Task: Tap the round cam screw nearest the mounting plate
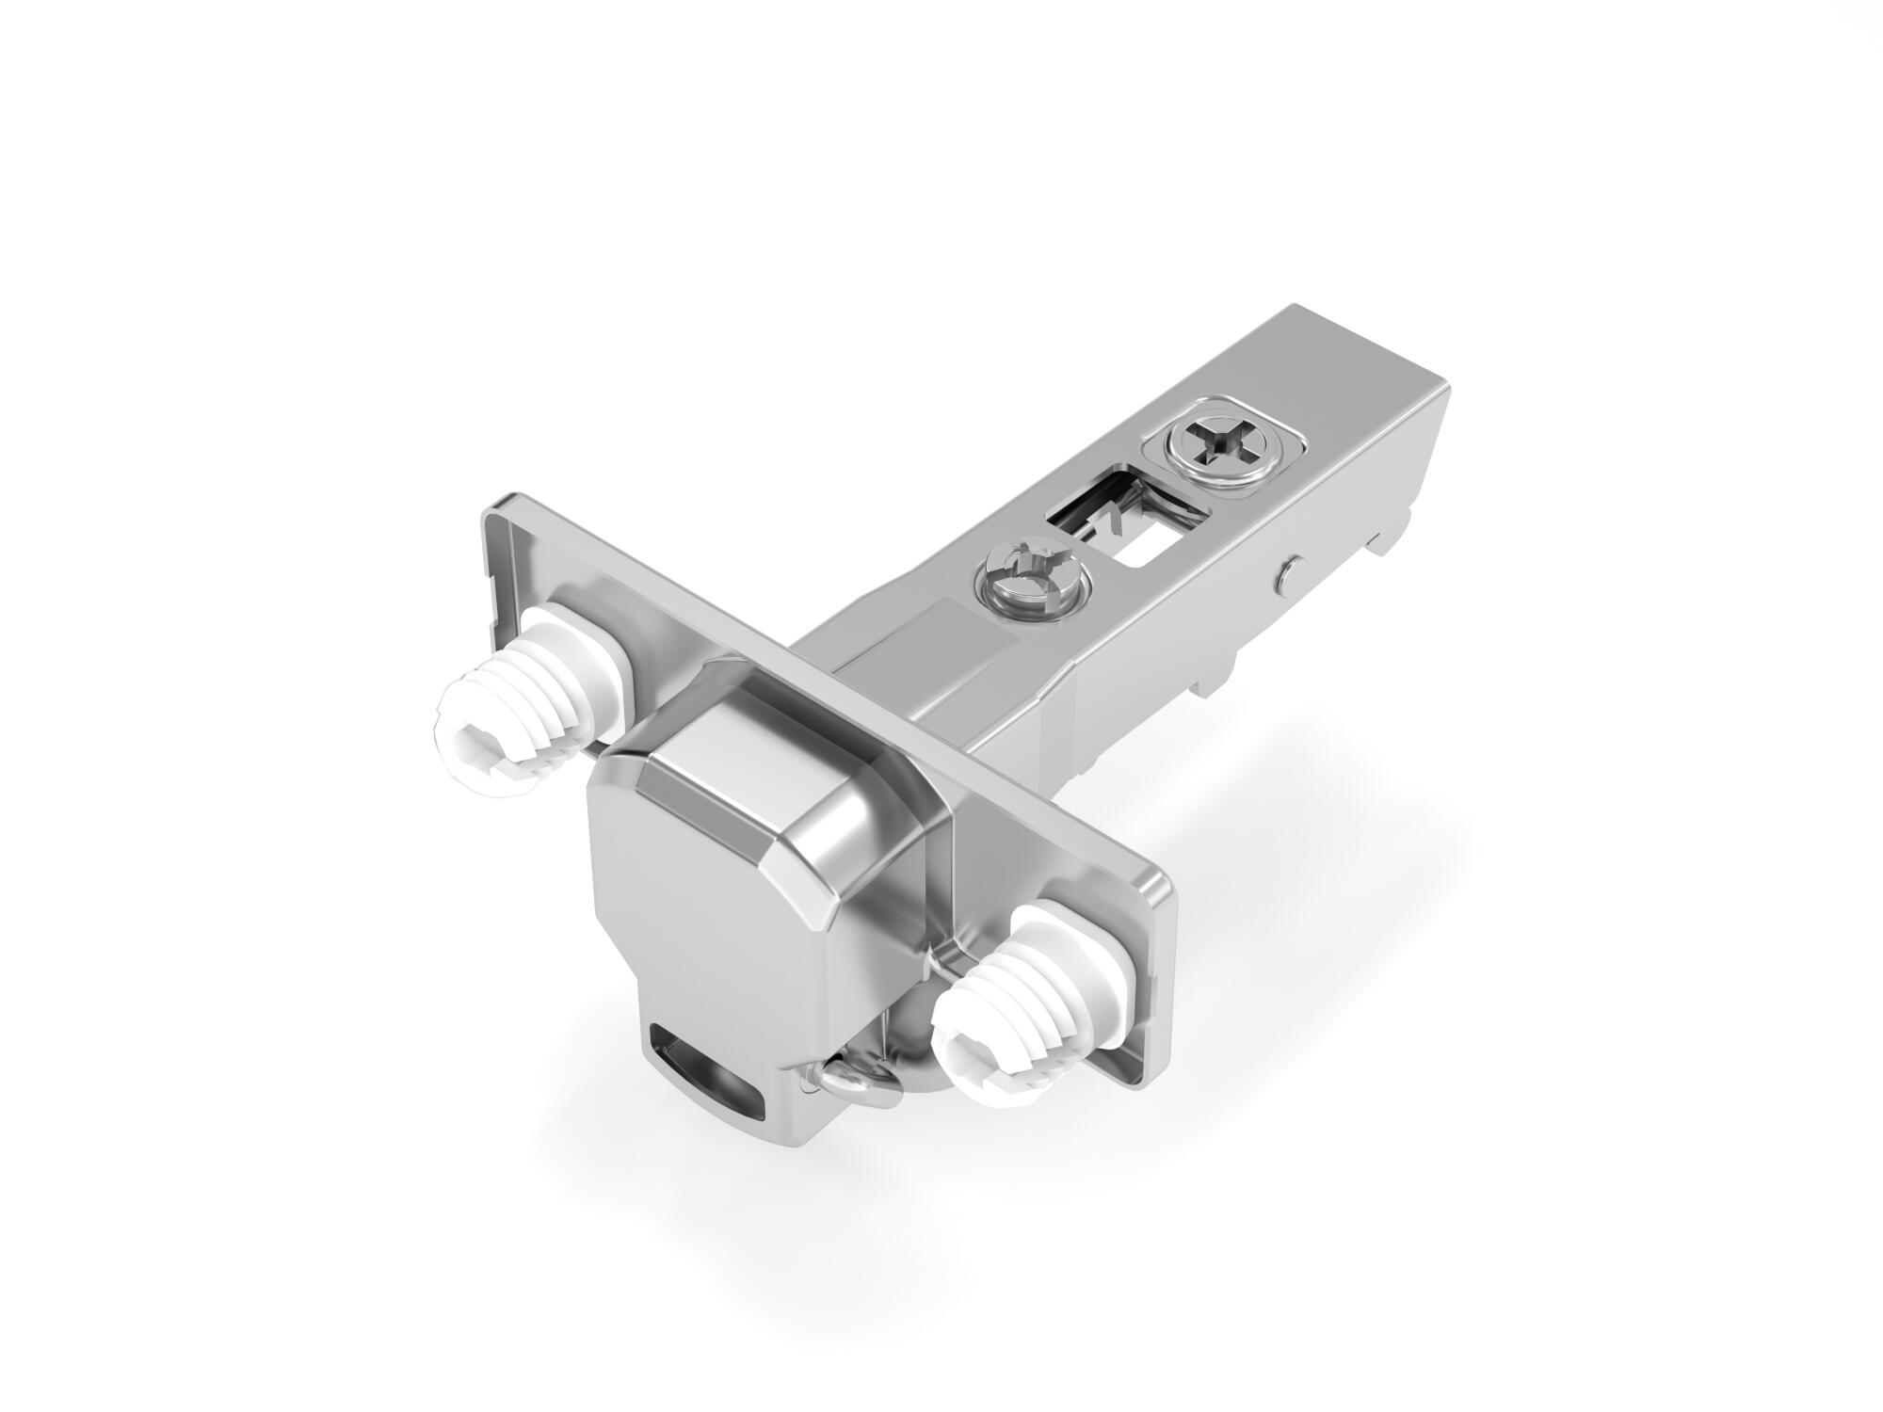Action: click(x=1033, y=598)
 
